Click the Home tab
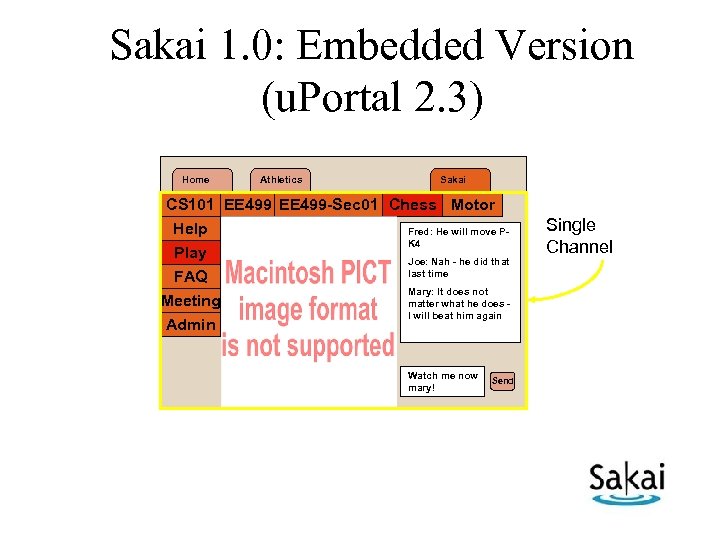point(196,180)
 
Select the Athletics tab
point(280,180)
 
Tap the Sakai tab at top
point(453,180)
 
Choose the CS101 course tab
point(190,205)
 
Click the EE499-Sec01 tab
point(329,205)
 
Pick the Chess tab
point(412,205)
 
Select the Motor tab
point(473,205)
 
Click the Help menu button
point(190,229)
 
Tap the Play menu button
point(190,253)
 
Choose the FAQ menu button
point(190,277)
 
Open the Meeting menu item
point(190,301)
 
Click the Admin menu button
point(190,325)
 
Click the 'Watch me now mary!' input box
point(443,381)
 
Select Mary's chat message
point(459,304)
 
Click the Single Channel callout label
point(578,236)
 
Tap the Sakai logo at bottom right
point(626,483)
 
